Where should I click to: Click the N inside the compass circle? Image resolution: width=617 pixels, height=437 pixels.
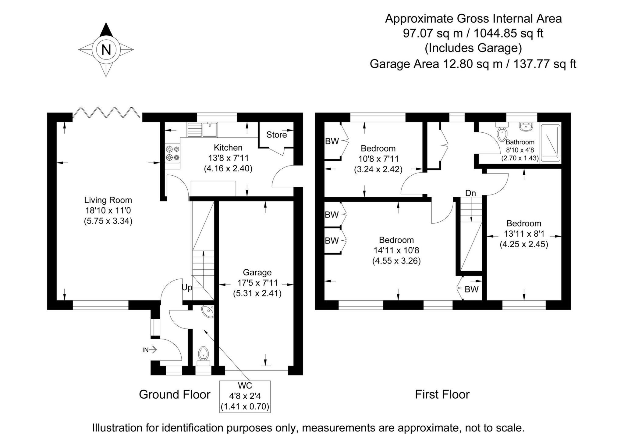pos(106,49)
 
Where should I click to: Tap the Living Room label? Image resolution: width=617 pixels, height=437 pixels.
pos(108,200)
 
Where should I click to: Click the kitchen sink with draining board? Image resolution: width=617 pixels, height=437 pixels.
pos(202,129)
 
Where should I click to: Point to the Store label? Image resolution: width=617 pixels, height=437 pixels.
pos(276,135)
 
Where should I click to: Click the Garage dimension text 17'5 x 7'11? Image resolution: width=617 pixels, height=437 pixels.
pos(257,283)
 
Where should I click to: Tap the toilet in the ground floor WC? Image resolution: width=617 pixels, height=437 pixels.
pos(203,355)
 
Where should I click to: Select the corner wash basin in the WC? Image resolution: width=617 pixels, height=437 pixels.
pos(208,312)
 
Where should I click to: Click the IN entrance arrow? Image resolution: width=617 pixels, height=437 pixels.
pos(150,350)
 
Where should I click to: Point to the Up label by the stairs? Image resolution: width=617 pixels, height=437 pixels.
pos(187,288)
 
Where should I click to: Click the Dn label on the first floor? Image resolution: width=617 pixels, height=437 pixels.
pos(470,193)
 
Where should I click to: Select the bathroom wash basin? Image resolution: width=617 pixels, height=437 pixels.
pos(526,127)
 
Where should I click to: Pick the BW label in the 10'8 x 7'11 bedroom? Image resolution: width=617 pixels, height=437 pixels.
pos(332,141)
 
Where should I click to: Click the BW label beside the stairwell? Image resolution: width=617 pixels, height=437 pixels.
pos(471,289)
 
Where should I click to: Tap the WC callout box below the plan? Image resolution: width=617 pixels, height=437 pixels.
pos(245,396)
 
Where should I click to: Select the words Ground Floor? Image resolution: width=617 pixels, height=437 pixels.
pos(175,394)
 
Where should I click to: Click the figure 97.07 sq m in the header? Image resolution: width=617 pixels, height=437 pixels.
pos(433,33)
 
